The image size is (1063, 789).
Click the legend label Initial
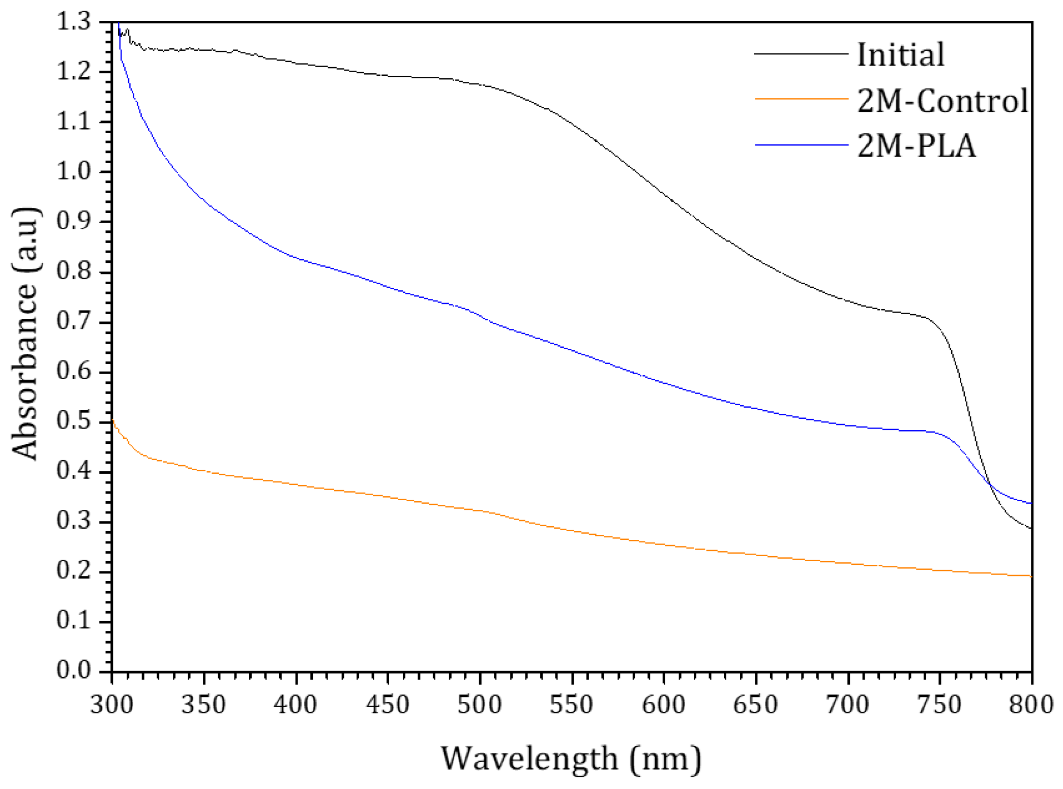pyautogui.click(x=900, y=54)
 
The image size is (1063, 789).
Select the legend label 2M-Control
pyautogui.click(x=942, y=100)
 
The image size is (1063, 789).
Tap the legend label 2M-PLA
pyautogui.click(x=917, y=146)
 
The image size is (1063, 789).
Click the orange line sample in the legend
pyautogui.click(x=802, y=99)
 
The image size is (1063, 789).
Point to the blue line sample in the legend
pyautogui.click(x=802, y=145)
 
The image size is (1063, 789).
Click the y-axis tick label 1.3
pyautogui.click(x=73, y=22)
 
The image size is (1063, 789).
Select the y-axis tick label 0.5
pyautogui.click(x=73, y=421)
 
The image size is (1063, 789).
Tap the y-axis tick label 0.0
pyautogui.click(x=73, y=671)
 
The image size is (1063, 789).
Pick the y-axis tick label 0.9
pyautogui.click(x=73, y=222)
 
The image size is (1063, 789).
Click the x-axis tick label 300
pyautogui.click(x=112, y=705)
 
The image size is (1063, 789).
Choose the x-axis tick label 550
pyautogui.click(x=572, y=705)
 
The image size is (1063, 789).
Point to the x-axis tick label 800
pyautogui.click(x=1031, y=705)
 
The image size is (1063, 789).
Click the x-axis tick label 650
pyautogui.click(x=755, y=705)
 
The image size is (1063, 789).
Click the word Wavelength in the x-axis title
pyautogui.click(x=529, y=759)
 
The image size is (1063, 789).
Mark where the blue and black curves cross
pyautogui.click(x=990, y=484)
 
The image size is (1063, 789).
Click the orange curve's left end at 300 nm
pyautogui.click(x=112, y=420)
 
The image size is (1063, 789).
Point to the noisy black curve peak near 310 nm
pyautogui.click(x=128, y=29)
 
